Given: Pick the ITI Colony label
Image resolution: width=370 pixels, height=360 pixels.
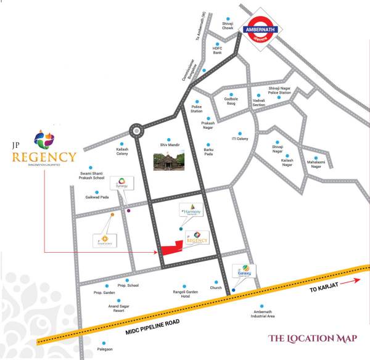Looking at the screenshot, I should [x=239, y=139].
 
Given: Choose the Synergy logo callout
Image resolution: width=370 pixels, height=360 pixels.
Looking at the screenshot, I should [x=121, y=186].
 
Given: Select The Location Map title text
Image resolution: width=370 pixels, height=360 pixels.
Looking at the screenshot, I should [x=313, y=338].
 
